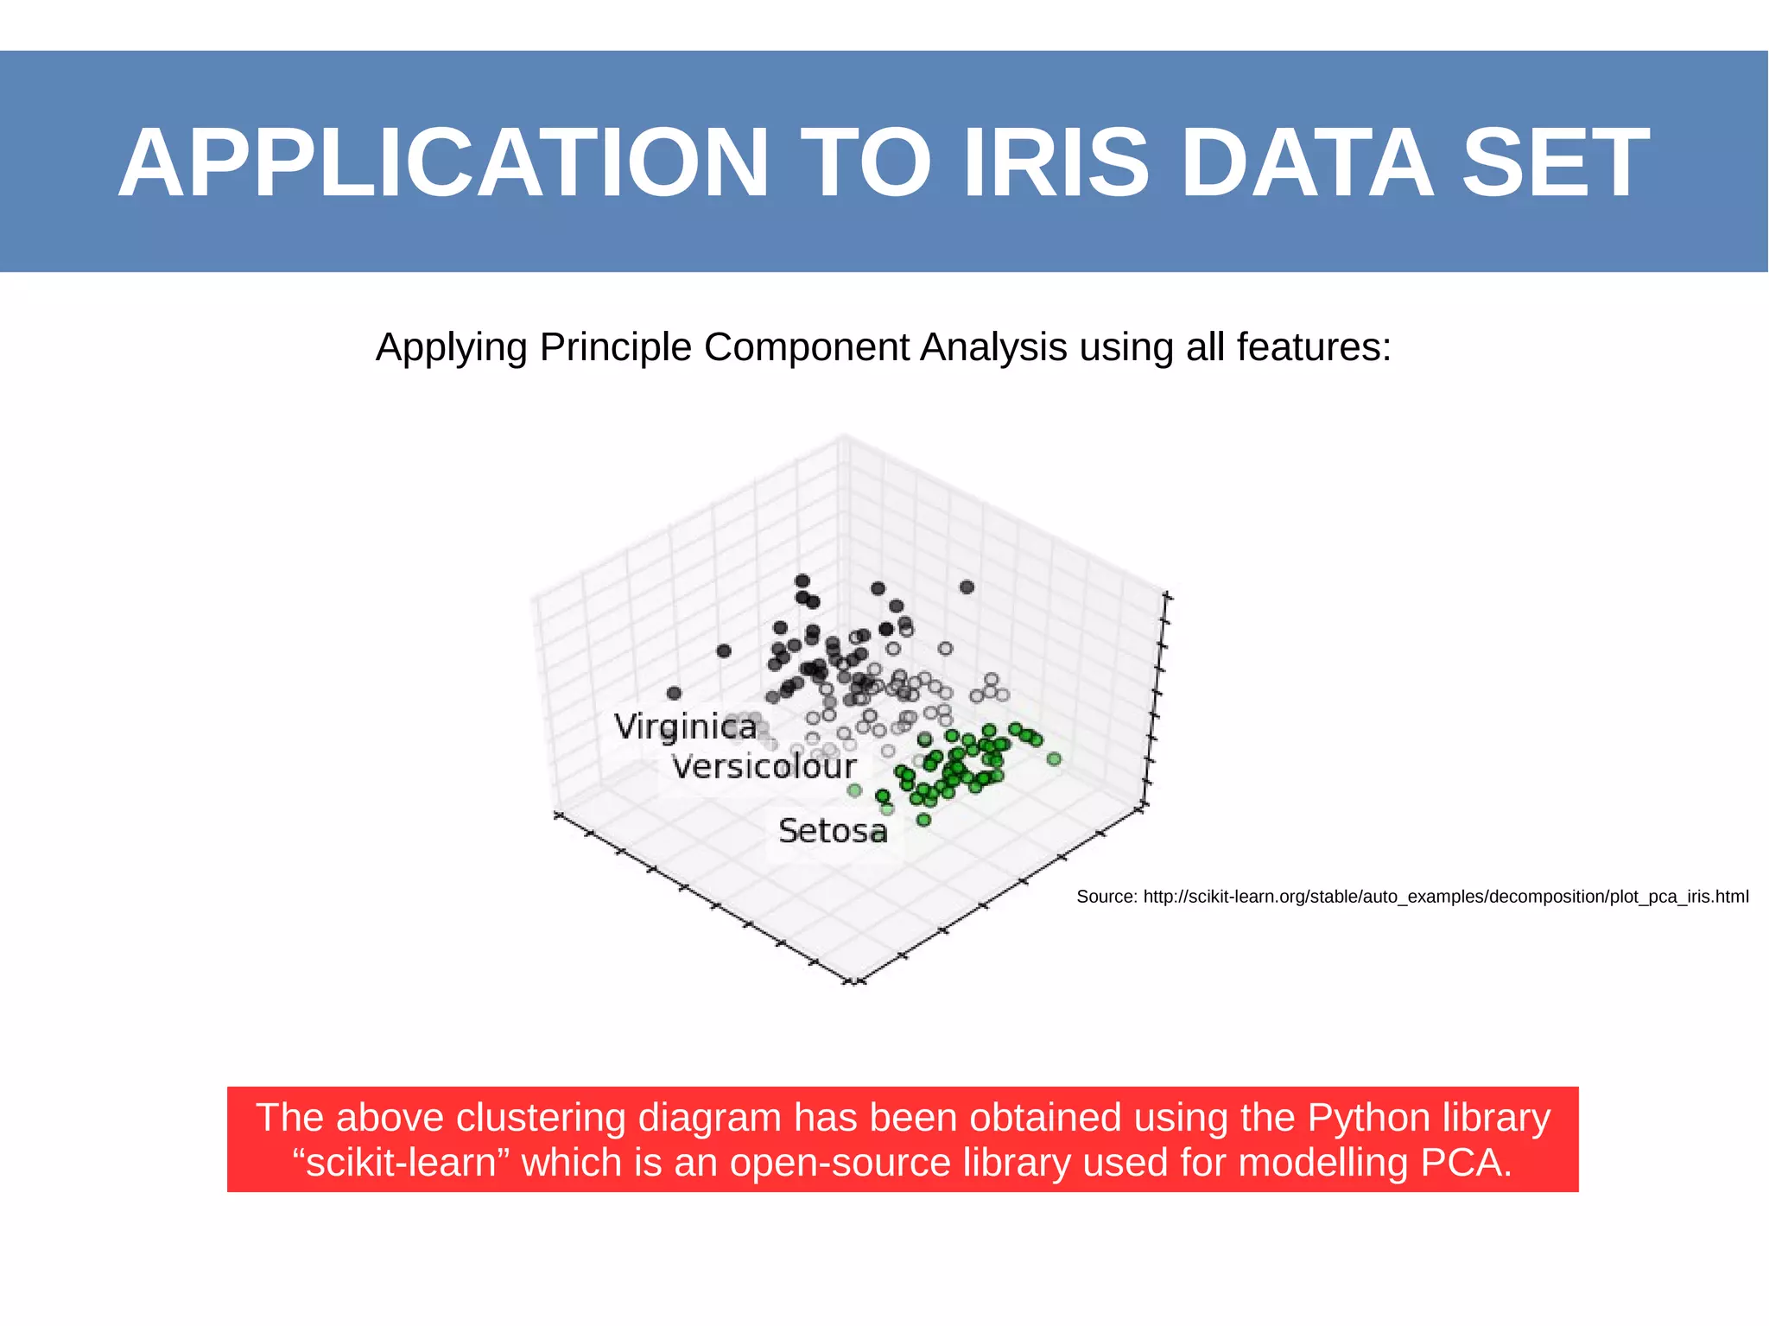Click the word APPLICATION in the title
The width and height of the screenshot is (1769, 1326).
point(442,163)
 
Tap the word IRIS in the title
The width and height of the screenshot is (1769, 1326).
point(1056,163)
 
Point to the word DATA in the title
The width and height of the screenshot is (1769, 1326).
point(1306,163)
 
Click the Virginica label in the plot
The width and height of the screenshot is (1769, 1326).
point(685,726)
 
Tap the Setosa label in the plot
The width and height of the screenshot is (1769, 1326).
point(832,831)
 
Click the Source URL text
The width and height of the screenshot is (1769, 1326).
point(1412,897)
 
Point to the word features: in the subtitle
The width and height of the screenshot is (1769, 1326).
point(1314,347)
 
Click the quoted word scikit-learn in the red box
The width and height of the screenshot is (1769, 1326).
point(402,1163)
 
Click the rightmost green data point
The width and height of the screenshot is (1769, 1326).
point(1053,759)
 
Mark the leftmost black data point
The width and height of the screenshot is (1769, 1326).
point(674,693)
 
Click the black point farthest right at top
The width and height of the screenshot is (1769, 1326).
point(967,587)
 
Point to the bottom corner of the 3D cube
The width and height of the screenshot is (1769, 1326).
point(853,983)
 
